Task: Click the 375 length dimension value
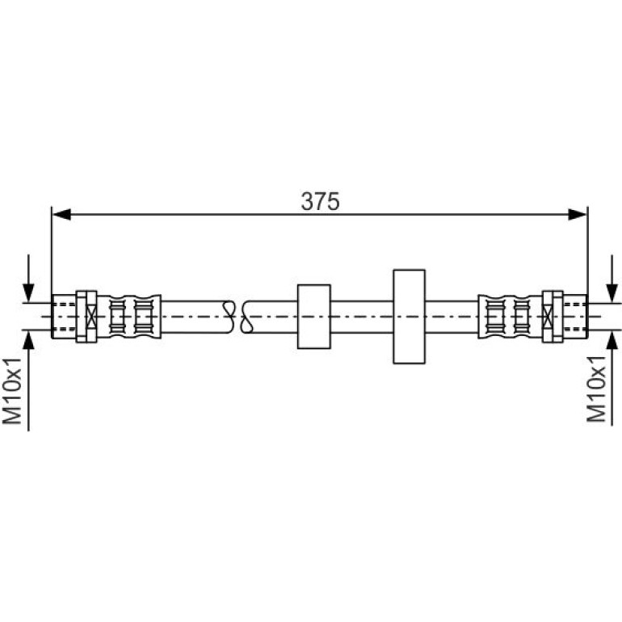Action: pos(320,201)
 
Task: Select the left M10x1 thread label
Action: pos(12,391)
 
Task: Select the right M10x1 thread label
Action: pos(597,389)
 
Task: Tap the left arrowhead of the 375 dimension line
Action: pos(61,215)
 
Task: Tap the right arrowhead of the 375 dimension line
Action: pos(578,215)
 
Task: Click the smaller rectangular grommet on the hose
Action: pos(313,317)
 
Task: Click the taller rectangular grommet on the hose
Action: pos(409,317)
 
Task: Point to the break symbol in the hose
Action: pos(237,317)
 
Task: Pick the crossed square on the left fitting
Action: pos(91,317)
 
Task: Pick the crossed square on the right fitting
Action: pos(548,317)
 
